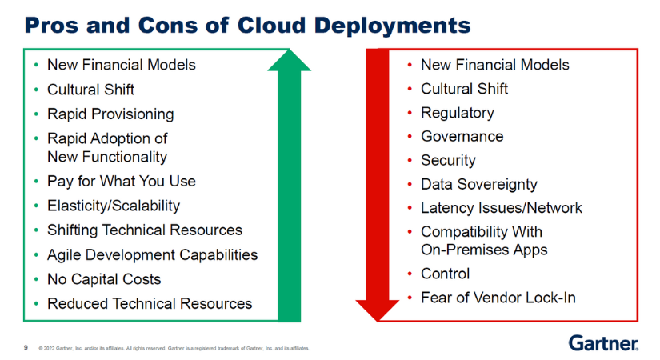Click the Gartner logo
point(603,343)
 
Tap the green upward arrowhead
point(289,60)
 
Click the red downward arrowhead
point(378,310)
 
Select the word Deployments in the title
point(392,26)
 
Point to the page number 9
point(26,348)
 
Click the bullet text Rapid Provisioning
point(110,114)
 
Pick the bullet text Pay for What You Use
point(122,181)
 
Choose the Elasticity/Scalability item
point(114,206)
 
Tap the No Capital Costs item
point(104,279)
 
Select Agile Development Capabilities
point(152,254)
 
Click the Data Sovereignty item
point(479,185)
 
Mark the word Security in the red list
point(448,161)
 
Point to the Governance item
point(462,137)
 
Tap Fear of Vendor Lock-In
point(498,298)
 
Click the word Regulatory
point(458,113)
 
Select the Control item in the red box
point(446,274)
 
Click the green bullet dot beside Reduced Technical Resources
point(37,303)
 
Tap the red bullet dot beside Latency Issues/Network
point(410,208)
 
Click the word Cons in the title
point(167,26)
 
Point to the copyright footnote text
point(174,348)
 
